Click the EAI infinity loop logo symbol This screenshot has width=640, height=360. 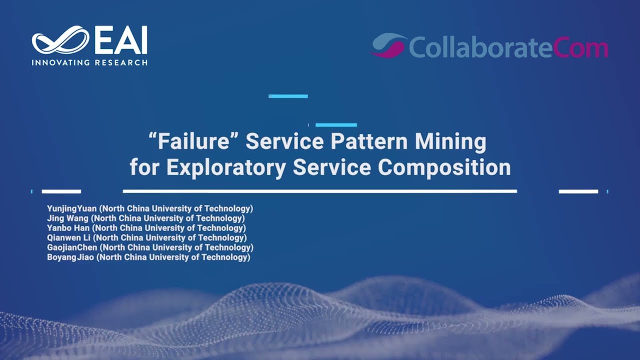click(60, 39)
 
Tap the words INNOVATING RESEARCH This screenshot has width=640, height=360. click(89, 62)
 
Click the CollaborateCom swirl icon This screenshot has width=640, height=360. click(388, 45)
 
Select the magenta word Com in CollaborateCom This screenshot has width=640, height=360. click(580, 47)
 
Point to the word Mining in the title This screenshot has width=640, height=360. click(450, 141)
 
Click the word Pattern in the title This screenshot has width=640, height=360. click(369, 141)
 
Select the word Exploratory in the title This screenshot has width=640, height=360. click(226, 167)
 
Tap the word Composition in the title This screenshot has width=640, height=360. click(444, 167)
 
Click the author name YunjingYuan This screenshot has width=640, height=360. click(71, 209)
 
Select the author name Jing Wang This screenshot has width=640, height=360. click(67, 218)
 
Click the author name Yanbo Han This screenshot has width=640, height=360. click(68, 228)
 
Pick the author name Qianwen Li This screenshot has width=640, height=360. click(68, 237)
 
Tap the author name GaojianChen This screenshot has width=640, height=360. click(72, 247)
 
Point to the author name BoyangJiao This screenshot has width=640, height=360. click(70, 257)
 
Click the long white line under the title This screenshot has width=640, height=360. click(320, 191)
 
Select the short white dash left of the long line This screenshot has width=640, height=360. click(61, 191)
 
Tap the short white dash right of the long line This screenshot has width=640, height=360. click(578, 191)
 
